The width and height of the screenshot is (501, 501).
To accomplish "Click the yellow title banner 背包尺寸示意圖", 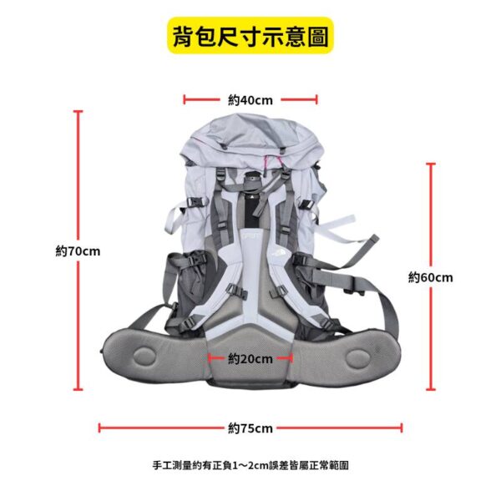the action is (x=250, y=35).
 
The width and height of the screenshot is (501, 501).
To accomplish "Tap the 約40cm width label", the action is (x=250, y=100).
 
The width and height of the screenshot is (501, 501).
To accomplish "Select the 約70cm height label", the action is (x=78, y=251).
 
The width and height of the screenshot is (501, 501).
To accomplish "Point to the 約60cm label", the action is (x=431, y=277).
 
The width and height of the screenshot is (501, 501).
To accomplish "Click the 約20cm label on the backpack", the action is (x=250, y=359).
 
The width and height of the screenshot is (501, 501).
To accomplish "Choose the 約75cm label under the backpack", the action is (x=250, y=428).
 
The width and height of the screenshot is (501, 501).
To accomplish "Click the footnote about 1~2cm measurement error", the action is (x=250, y=465).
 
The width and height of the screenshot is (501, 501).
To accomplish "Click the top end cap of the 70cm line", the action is (x=78, y=111).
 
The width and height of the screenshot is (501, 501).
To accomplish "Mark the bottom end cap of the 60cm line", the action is (x=431, y=389).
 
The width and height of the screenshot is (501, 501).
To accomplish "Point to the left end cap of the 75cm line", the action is (x=99, y=428).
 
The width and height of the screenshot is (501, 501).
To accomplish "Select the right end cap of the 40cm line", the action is (x=316, y=99).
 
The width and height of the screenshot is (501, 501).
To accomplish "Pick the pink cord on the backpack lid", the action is (x=274, y=160).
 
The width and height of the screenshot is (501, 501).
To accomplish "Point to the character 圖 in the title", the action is (x=317, y=36).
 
